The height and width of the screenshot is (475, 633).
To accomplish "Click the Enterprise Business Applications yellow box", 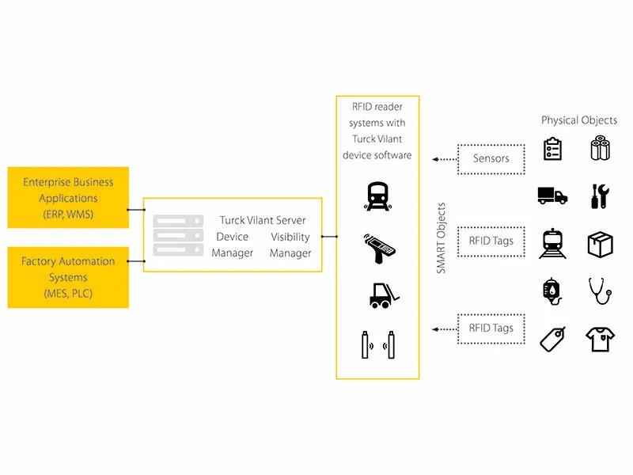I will [x=68, y=197].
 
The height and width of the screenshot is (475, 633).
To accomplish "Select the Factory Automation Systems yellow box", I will [x=68, y=277].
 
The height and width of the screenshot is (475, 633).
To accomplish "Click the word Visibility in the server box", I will [x=290, y=237].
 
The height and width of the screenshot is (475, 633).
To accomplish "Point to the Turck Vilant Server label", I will [x=263, y=219].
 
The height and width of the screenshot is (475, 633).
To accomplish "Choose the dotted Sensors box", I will [x=491, y=158].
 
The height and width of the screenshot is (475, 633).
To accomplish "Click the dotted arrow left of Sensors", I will [x=444, y=158].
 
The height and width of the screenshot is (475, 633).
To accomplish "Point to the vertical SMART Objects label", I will [x=442, y=238].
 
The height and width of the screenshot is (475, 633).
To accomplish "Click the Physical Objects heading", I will [x=579, y=120].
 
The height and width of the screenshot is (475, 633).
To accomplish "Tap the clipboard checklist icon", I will [x=553, y=149].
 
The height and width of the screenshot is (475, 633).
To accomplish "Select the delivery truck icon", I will [x=552, y=196].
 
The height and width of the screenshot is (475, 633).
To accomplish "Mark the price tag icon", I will [x=552, y=339].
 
